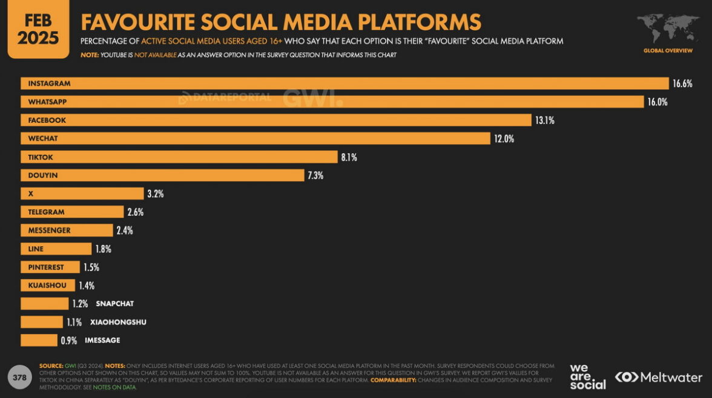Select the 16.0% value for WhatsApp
coord(657,102)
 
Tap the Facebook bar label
coord(47,120)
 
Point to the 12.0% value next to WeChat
coord(504,139)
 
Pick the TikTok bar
coord(179,157)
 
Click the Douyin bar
coord(162,175)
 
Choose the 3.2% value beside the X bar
coord(155,194)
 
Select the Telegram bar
coord(72,212)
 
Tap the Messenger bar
coord(67,230)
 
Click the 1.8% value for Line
coord(103,249)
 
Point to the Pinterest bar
coord(50,267)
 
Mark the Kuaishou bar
coord(48,285)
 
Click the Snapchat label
coord(114,304)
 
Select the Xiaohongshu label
coord(118,322)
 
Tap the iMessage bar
coord(39,341)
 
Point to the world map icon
coord(668,29)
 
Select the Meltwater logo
coord(659,377)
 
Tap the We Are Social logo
coord(587,377)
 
